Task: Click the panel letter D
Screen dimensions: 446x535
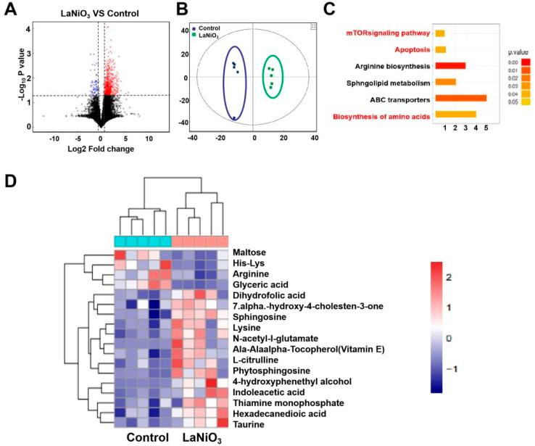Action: coord(11,179)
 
